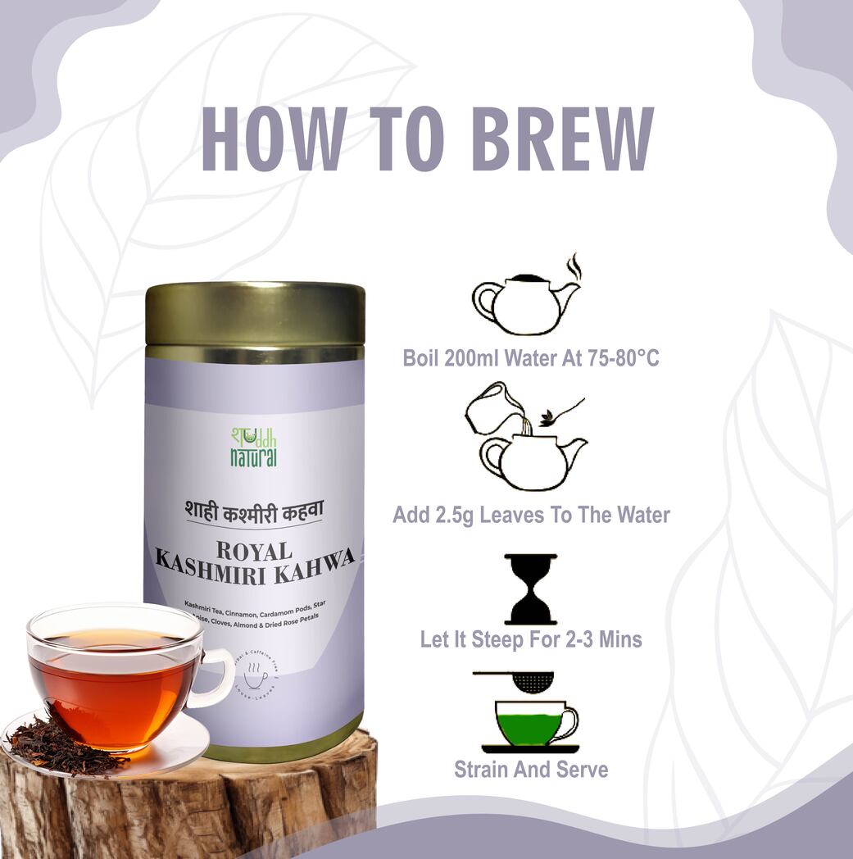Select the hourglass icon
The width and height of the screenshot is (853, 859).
click(x=530, y=589)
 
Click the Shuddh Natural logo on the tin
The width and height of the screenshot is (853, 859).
click(x=253, y=446)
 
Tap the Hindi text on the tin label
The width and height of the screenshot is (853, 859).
click(x=253, y=508)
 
